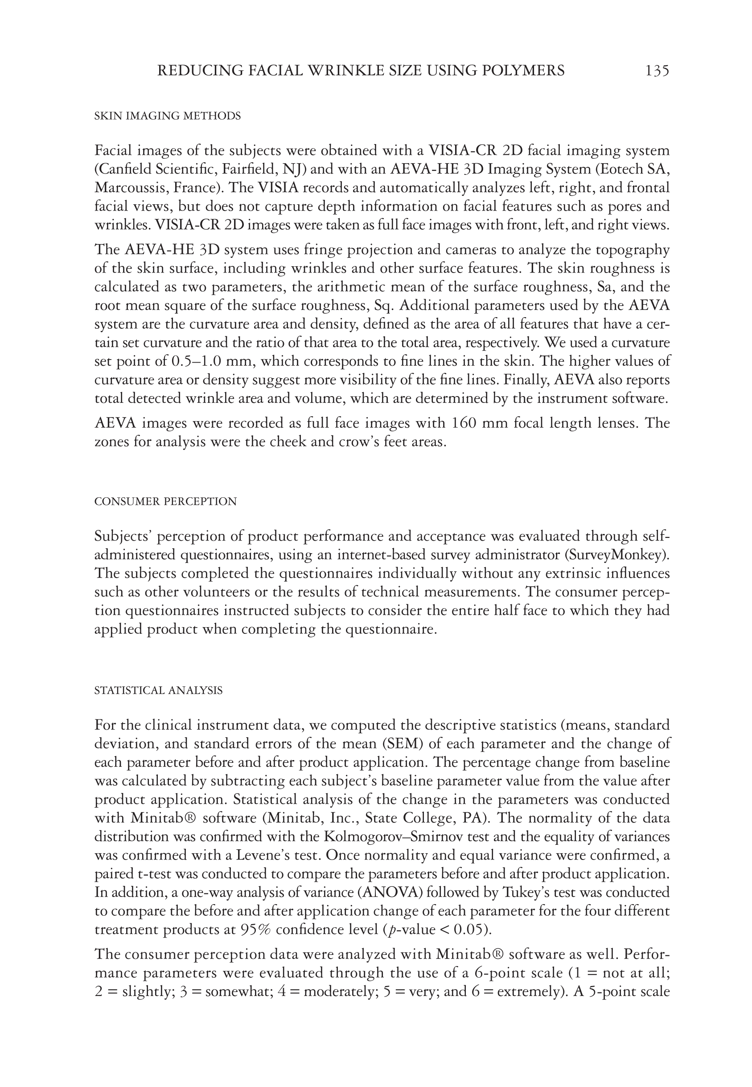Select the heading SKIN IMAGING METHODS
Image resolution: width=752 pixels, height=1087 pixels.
[x=167, y=116]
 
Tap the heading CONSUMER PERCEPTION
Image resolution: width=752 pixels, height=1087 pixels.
[x=165, y=501]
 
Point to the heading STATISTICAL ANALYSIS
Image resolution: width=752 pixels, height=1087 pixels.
[x=158, y=690]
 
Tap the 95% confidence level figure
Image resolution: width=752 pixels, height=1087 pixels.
[x=255, y=930]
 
